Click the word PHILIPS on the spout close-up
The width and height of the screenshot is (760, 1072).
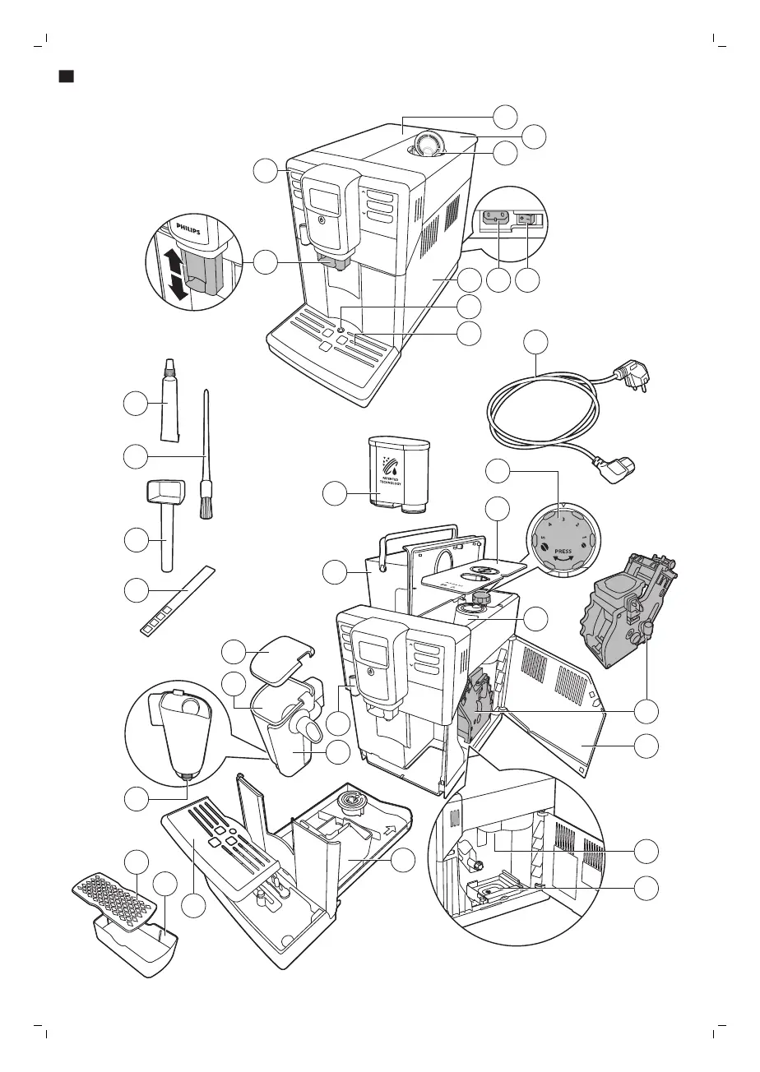(x=185, y=232)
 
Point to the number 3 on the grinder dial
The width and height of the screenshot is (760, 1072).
(x=563, y=518)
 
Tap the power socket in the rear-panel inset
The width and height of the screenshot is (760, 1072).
(x=497, y=219)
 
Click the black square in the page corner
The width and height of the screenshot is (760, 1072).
(x=67, y=76)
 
